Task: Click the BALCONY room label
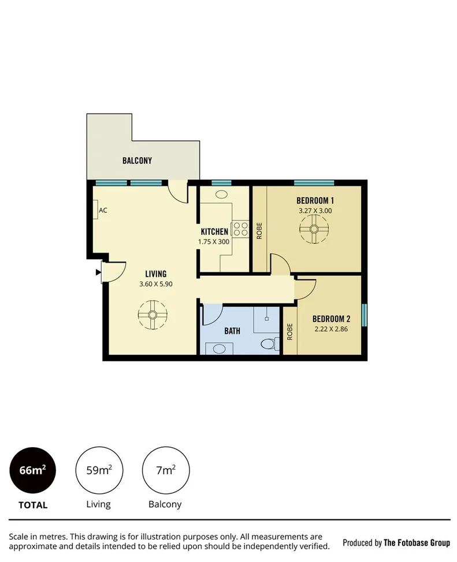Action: click(137, 160)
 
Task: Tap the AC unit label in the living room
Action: click(103, 211)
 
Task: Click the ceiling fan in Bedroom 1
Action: click(315, 229)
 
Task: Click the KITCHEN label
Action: click(214, 232)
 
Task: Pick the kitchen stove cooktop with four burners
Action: click(240, 229)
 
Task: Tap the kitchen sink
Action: click(221, 194)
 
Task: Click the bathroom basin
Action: click(219, 348)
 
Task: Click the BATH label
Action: click(232, 331)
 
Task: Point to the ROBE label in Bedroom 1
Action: click(259, 231)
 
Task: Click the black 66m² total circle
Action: click(33, 471)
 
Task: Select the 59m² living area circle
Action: click(99, 471)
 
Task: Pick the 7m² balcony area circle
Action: click(165, 471)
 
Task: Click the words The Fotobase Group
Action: click(417, 542)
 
